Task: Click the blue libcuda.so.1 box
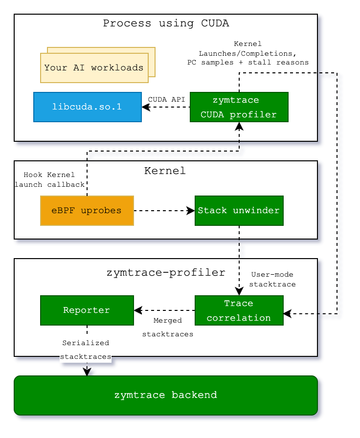pyautogui.click(x=87, y=107)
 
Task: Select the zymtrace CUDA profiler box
pyautogui.click(x=239, y=107)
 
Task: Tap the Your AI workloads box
pyautogui.click(x=94, y=67)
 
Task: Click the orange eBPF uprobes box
pyautogui.click(x=87, y=211)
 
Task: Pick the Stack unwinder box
pyautogui.click(x=239, y=211)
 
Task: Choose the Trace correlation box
pyautogui.click(x=239, y=310)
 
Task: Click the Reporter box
pyautogui.click(x=87, y=310)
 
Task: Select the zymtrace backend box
pyautogui.click(x=165, y=395)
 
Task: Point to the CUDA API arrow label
pyautogui.click(x=166, y=99)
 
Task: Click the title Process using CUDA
pyautogui.click(x=166, y=23)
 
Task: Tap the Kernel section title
pyautogui.click(x=165, y=171)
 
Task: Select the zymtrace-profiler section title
pyautogui.click(x=166, y=272)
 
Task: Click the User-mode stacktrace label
pyautogui.click(x=272, y=279)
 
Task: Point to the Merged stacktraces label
pyautogui.click(x=168, y=327)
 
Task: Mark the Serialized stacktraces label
pyautogui.click(x=86, y=350)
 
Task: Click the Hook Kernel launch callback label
pyautogui.click(x=49, y=179)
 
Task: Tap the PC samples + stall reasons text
pyautogui.click(x=247, y=62)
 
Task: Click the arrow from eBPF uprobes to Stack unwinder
pyautogui.click(x=164, y=211)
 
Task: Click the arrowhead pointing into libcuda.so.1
pyautogui.click(x=145, y=107)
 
